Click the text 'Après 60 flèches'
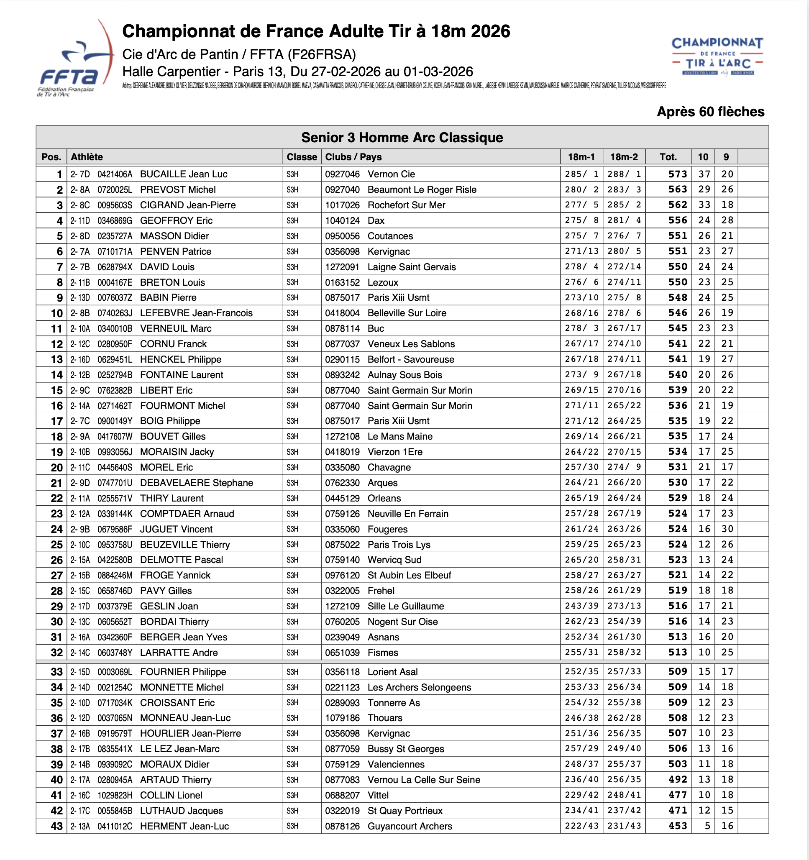click(710, 112)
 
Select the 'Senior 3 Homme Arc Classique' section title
click(402, 138)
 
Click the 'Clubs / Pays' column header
click(353, 157)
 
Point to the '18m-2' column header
click(624, 157)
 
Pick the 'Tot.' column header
click(668, 157)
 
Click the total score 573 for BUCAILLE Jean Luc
click(677, 174)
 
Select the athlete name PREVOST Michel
click(178, 190)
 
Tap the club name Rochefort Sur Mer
click(406, 205)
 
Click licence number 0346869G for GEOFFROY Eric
click(115, 220)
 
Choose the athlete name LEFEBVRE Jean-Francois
click(196, 313)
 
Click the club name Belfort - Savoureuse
click(410, 359)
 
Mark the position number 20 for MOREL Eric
click(56, 468)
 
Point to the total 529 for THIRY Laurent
click(677, 498)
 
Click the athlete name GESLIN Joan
click(169, 607)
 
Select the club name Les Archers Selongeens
click(419, 687)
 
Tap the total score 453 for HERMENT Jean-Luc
click(677, 826)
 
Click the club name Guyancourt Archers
click(410, 826)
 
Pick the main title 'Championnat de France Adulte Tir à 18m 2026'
click(316, 31)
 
